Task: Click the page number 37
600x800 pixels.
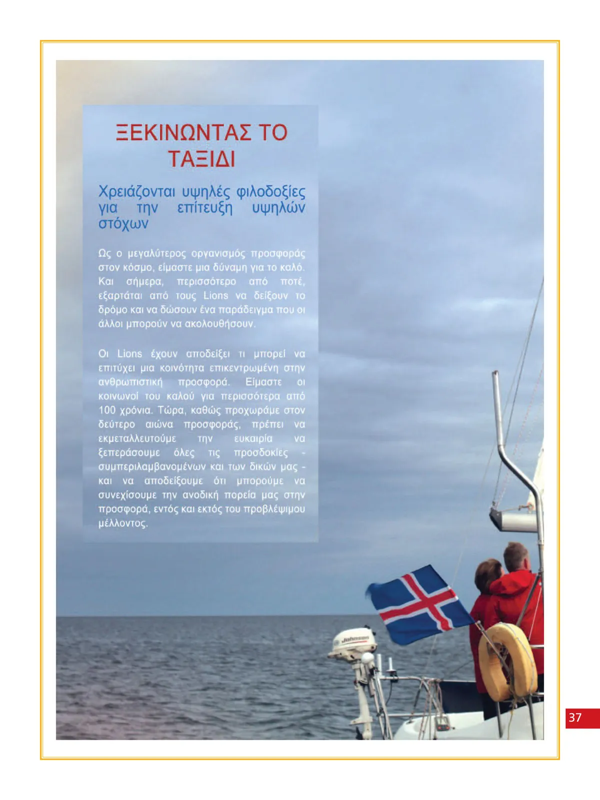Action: point(575,717)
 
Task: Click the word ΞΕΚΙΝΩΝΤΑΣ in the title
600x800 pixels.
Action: point(183,133)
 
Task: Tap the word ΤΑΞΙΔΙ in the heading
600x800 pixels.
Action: point(201,159)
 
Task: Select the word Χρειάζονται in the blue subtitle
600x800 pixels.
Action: point(136,192)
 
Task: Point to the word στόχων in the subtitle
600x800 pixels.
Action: point(123,223)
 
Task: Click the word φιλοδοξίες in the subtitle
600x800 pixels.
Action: point(270,192)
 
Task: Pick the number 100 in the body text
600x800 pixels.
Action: point(107,410)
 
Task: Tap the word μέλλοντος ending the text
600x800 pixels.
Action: point(123,523)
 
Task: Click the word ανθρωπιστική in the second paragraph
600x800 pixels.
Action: point(130,382)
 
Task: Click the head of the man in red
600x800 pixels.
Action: point(515,557)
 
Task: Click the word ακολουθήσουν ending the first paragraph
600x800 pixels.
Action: point(220,324)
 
